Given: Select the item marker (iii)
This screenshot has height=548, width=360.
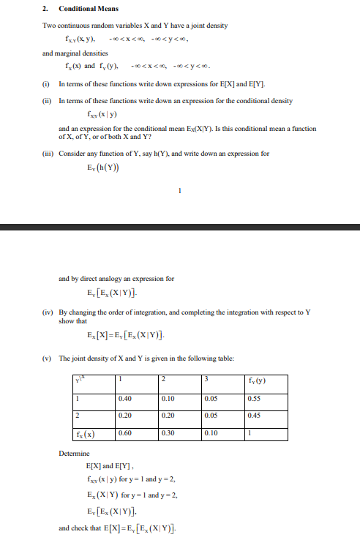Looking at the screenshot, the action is coord(48,154).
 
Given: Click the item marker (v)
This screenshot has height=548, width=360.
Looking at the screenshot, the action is coord(47,358).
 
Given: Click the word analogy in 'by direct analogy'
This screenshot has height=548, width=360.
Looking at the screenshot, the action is coord(113,279).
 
